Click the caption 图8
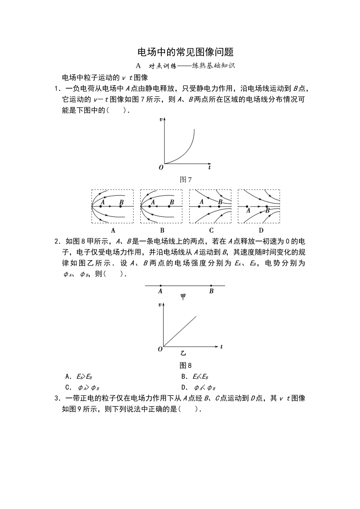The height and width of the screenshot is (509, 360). pyautogui.click(x=185, y=365)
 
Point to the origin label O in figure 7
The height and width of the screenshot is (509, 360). pyautogui.click(x=161, y=167)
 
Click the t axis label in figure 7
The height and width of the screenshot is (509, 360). pyautogui.click(x=210, y=167)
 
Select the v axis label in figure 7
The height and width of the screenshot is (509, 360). pyautogui.click(x=161, y=119)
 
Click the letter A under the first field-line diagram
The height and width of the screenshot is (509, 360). pyautogui.click(x=113, y=230)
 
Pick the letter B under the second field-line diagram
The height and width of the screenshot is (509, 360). pyautogui.click(x=162, y=230)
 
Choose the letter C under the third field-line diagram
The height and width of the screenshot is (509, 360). pyautogui.click(x=211, y=230)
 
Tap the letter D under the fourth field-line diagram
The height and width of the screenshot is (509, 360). pyautogui.click(x=261, y=230)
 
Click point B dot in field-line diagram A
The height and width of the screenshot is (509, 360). pyautogui.click(x=121, y=206)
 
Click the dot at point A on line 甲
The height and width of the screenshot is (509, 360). pyautogui.click(x=161, y=286)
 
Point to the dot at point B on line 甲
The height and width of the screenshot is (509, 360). pyautogui.click(x=211, y=286)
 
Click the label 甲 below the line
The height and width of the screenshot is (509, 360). pyautogui.click(x=183, y=297)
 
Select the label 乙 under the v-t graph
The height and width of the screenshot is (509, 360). pyautogui.click(x=183, y=353)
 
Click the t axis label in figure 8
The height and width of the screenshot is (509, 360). pyautogui.click(x=221, y=347)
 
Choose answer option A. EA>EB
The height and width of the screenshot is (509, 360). pyautogui.click(x=79, y=376)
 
